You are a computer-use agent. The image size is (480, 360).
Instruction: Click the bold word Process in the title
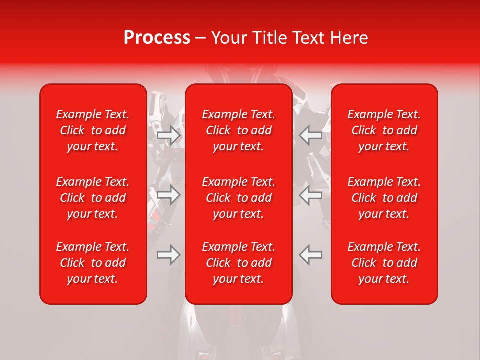click(x=157, y=38)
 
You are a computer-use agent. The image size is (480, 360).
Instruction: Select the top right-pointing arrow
click(x=169, y=135)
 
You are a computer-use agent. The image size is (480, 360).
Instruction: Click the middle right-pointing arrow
click(x=169, y=195)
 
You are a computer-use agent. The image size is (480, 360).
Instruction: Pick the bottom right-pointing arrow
click(x=169, y=254)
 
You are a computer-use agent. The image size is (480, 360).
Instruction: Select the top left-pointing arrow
click(x=310, y=135)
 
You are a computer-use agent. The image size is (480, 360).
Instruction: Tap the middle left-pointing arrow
click(x=310, y=195)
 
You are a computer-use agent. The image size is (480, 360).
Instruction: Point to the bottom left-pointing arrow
click(x=310, y=254)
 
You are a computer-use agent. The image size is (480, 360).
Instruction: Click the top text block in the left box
click(x=93, y=130)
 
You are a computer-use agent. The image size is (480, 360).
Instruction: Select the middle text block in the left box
click(x=93, y=198)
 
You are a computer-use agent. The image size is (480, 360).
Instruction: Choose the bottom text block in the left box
click(x=93, y=263)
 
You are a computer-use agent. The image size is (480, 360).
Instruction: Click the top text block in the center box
click(x=239, y=130)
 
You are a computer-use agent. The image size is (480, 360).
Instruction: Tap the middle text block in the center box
click(x=239, y=198)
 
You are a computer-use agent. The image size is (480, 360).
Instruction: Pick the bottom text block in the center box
click(x=239, y=263)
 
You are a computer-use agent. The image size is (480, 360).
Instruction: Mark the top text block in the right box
click(x=384, y=130)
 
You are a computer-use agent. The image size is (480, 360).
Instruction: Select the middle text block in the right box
click(x=384, y=198)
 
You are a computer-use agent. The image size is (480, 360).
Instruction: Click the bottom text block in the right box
click(x=384, y=263)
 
